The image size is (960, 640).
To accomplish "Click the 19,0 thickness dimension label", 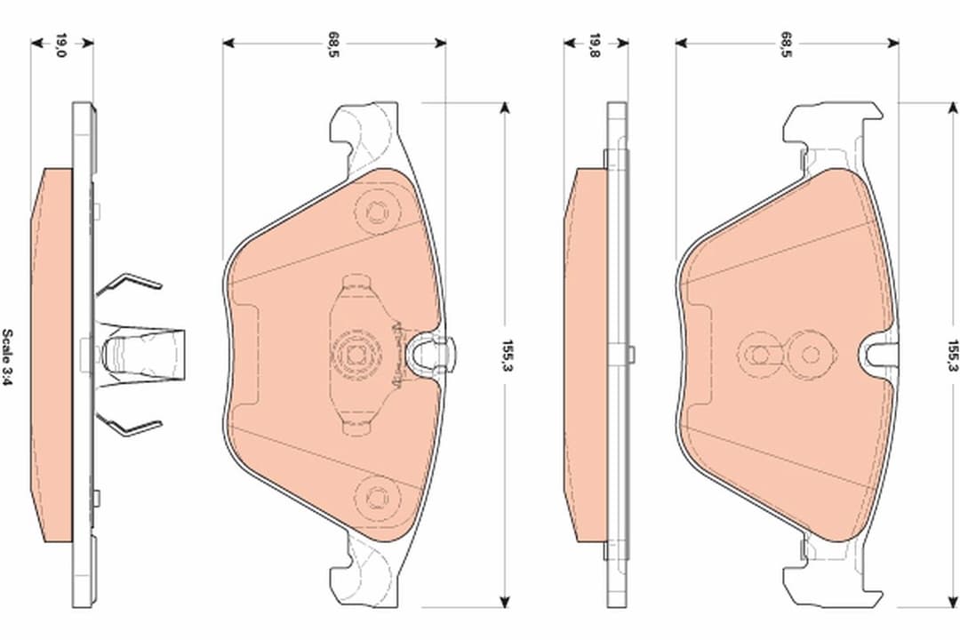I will [61, 45].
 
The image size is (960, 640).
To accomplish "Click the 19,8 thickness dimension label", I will [595, 45].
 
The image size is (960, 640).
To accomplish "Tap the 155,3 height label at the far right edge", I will [951, 355].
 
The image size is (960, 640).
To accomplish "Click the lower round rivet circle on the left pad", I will [372, 493].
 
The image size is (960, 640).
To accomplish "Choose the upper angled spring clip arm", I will [129, 284].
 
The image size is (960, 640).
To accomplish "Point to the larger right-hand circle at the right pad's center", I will [809, 355].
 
